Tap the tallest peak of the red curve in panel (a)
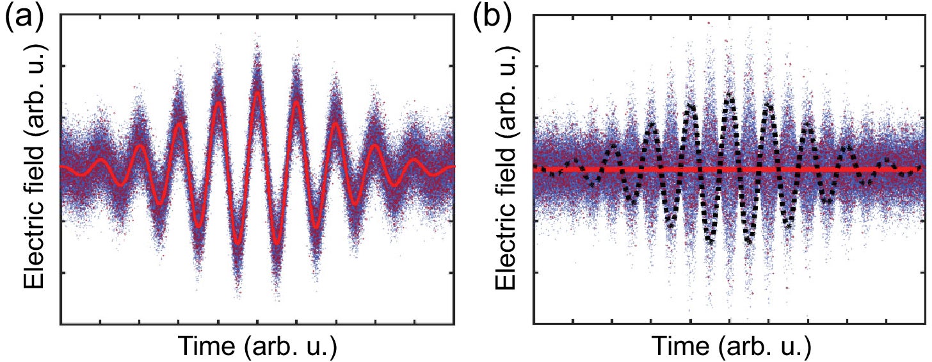click(257, 93)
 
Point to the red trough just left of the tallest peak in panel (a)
click(237, 243)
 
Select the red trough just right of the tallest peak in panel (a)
click(277, 243)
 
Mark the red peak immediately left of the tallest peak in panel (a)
click(219, 103)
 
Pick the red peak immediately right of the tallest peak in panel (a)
click(296, 103)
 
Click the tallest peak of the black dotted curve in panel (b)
click(728, 94)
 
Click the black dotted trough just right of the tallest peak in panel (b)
click(748, 242)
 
